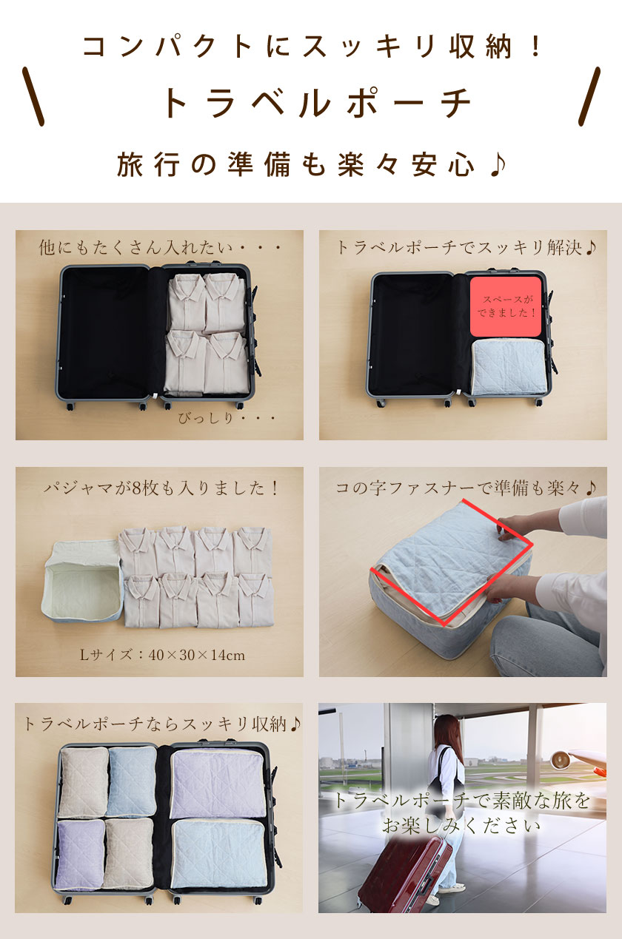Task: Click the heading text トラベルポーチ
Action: point(315,103)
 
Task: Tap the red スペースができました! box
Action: point(506,306)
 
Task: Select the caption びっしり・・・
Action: point(227,419)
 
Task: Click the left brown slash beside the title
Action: point(33,96)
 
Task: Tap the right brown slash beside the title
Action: point(589,96)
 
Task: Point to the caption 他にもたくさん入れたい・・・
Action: point(160,248)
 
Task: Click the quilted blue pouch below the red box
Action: point(509,367)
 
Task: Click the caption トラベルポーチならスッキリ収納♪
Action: point(161,724)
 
